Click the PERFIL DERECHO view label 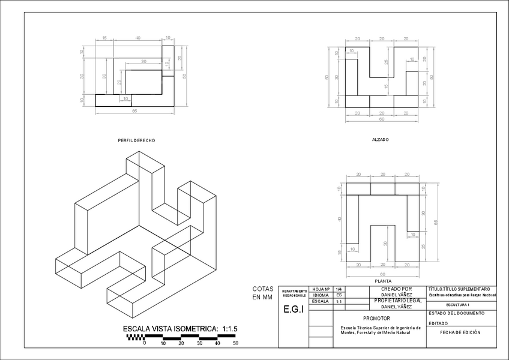tap(137, 140)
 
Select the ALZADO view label tap(380, 139)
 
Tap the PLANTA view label tap(382, 281)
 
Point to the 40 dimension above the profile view tap(138, 38)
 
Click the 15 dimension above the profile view tap(104, 38)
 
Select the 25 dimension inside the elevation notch tap(387, 62)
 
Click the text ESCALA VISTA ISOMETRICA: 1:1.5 tap(180, 329)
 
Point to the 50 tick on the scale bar tap(236, 343)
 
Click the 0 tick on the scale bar tap(144, 343)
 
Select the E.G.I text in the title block tap(293, 310)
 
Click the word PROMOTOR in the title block tap(377, 318)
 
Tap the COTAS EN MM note tap(262, 293)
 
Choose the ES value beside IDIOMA tap(339, 295)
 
